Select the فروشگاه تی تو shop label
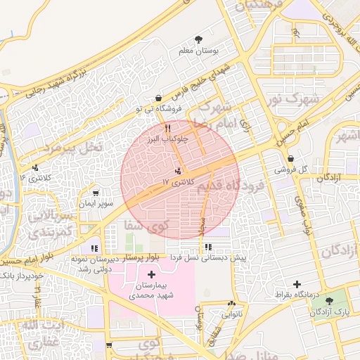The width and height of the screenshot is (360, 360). [158, 109]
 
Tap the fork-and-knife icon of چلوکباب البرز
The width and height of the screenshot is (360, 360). [167, 128]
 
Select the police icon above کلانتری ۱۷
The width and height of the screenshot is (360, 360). [178, 170]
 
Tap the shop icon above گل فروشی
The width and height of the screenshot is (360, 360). [291, 158]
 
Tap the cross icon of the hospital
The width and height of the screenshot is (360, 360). [152, 273]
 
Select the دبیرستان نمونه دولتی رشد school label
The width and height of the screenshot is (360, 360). [94, 264]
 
